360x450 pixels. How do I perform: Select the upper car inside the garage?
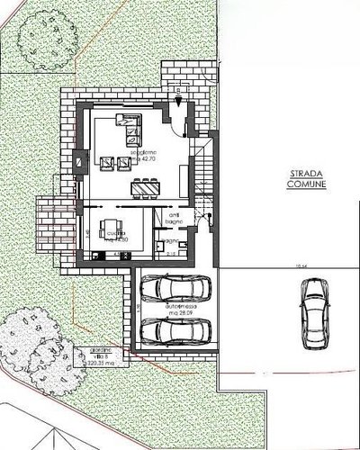(x=176, y=290)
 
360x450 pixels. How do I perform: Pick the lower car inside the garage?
(x=176, y=330)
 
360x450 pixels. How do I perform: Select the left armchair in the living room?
(x=107, y=163)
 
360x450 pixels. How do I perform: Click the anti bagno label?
(x=175, y=217)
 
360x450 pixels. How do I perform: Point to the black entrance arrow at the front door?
(x=179, y=93)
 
